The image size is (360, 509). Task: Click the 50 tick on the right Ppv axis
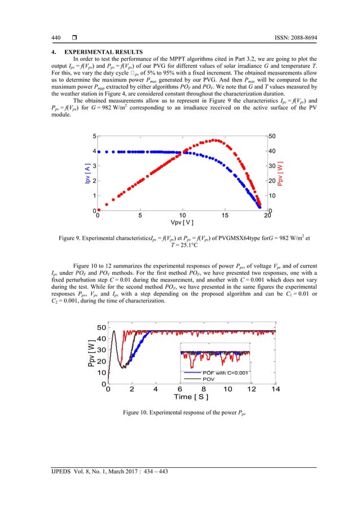coord(273,137)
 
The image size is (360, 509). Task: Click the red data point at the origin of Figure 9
coord(99,209)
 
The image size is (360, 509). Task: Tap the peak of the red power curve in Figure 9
coord(214,141)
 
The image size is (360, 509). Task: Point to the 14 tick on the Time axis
coord(275,389)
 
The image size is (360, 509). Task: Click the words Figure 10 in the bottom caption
coord(139,415)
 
